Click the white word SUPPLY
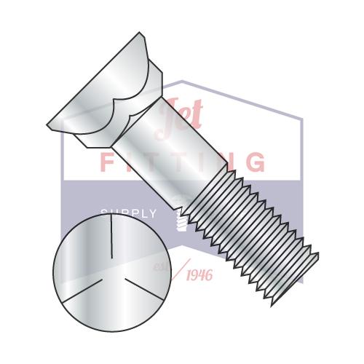point(128,213)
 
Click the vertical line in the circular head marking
point(111,240)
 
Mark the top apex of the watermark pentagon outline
point(182,82)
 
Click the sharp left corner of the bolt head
point(49,125)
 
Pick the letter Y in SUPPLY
point(152,213)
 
